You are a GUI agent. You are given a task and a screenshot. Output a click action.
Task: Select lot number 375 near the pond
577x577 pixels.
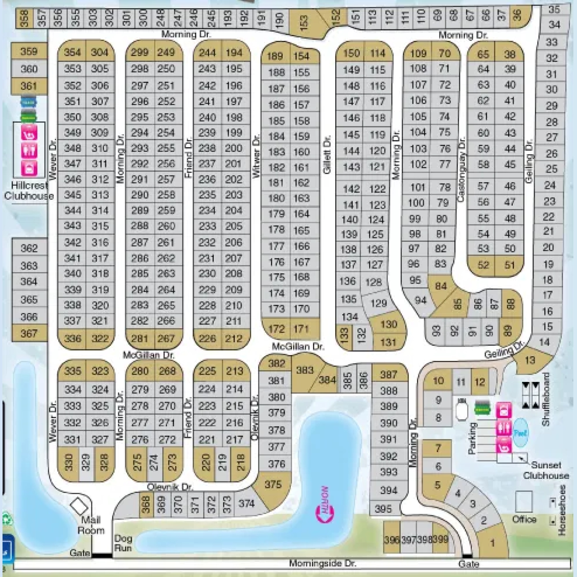(273, 484)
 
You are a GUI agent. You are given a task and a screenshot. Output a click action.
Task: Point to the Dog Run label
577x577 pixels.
(123, 543)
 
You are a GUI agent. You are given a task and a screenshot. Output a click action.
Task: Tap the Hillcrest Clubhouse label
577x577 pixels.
(29, 190)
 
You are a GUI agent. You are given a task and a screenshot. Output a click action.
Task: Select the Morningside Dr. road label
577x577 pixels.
(323, 563)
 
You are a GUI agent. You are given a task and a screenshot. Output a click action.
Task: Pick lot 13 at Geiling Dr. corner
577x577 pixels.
(530, 360)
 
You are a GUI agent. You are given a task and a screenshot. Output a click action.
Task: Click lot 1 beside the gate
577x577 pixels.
(492, 543)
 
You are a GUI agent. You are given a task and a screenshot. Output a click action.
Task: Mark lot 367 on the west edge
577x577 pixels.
(29, 333)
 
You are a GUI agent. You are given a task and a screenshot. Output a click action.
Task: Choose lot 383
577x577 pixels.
(305, 370)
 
